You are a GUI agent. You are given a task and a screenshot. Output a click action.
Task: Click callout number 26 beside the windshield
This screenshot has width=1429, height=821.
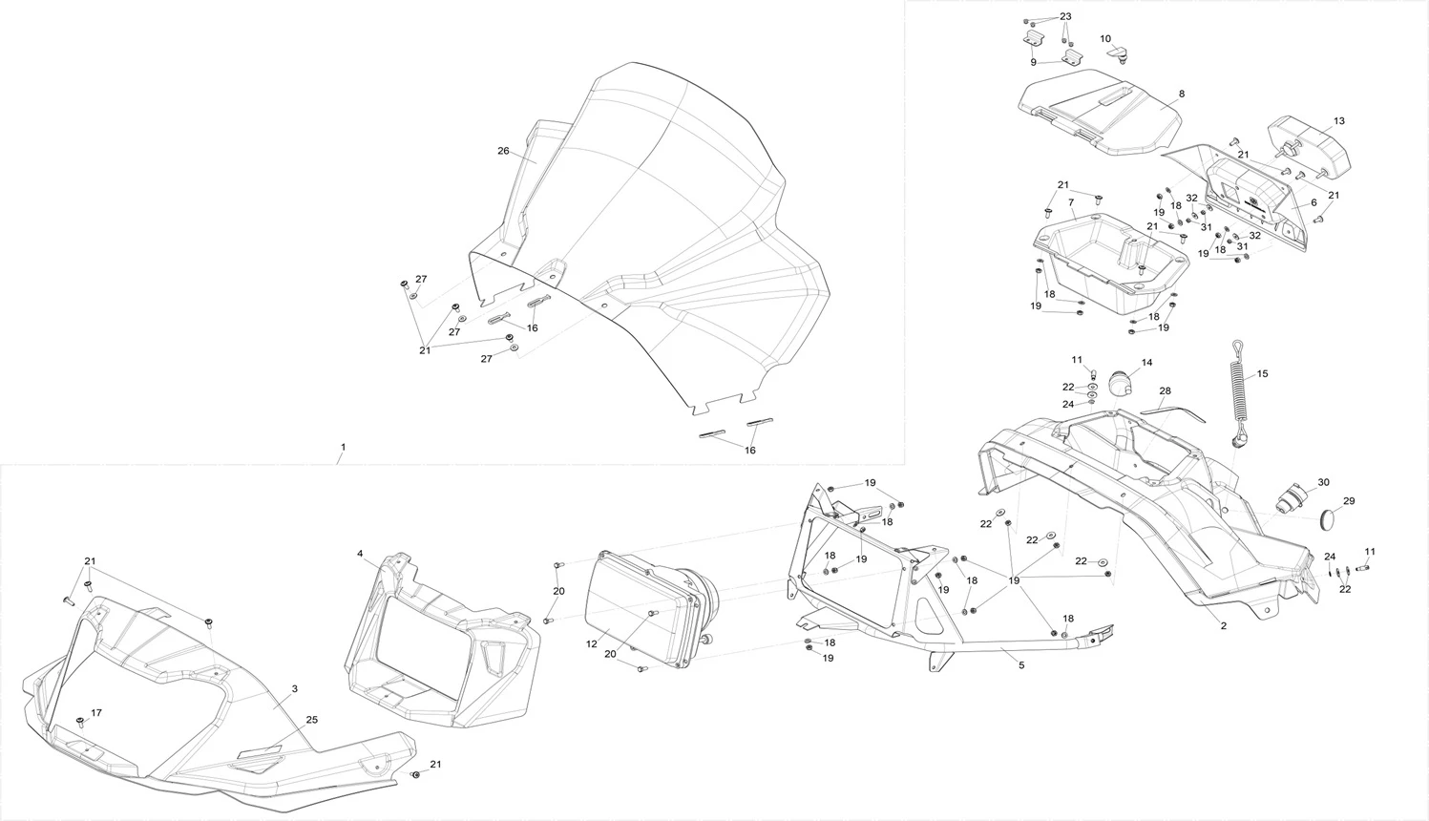click(503, 151)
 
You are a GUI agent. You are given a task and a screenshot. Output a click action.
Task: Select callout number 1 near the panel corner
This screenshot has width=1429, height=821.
click(343, 447)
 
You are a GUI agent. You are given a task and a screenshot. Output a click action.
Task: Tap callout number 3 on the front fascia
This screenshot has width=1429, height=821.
click(295, 688)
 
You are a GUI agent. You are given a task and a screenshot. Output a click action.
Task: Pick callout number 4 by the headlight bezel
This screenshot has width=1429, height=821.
click(360, 554)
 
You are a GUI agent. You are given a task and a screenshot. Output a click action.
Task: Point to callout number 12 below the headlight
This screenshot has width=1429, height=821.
click(592, 644)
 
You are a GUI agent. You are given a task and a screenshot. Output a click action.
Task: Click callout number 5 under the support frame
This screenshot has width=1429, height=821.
click(1021, 664)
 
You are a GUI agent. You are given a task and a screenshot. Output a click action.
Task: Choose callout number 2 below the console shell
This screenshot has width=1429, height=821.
click(1224, 625)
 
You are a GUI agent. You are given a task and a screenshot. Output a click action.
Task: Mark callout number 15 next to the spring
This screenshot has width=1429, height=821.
click(1262, 374)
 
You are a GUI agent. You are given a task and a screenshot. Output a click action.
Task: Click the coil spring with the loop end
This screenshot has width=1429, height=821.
click(1240, 391)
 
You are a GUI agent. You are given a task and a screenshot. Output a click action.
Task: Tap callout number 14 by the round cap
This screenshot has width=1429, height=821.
click(1146, 363)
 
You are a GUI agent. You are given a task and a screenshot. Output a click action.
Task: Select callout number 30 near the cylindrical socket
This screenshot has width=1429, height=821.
click(1323, 482)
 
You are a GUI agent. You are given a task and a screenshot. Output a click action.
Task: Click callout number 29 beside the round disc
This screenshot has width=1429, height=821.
click(1349, 501)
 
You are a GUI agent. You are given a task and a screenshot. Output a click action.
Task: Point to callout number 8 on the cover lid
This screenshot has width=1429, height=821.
click(1182, 95)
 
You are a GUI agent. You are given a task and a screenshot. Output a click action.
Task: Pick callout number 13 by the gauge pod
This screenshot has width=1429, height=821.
click(1339, 121)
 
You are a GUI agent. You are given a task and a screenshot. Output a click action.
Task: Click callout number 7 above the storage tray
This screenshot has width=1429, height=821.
click(1071, 202)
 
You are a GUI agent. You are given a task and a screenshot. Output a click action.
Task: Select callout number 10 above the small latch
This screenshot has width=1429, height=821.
click(1105, 39)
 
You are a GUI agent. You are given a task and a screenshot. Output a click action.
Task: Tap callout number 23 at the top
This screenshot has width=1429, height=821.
click(1065, 17)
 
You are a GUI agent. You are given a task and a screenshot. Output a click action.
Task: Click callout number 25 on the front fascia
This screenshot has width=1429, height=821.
click(311, 720)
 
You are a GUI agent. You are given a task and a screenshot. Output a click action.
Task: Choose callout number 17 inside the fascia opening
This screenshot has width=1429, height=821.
click(95, 713)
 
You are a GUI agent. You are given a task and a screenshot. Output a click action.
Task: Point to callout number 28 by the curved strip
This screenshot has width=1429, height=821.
click(1165, 391)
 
